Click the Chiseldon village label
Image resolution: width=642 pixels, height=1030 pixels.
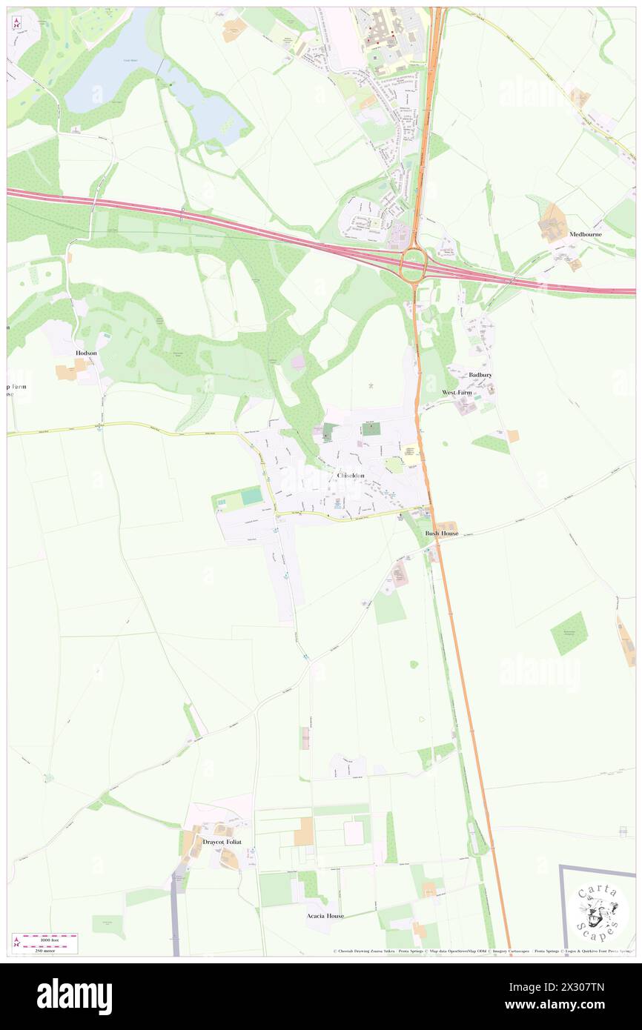(x=351, y=475)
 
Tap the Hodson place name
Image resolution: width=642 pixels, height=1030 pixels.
(x=86, y=353)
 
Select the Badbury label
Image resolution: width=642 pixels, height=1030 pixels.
(x=480, y=375)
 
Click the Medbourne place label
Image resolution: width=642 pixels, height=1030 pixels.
(x=586, y=234)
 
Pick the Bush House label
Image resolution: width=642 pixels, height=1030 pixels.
(x=442, y=534)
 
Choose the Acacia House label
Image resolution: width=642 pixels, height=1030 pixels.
(x=325, y=916)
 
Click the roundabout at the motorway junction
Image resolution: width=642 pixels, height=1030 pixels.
(x=412, y=262)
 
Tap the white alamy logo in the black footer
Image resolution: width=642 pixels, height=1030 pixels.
(x=75, y=996)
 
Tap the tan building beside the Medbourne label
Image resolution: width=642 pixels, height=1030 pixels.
(x=552, y=222)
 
